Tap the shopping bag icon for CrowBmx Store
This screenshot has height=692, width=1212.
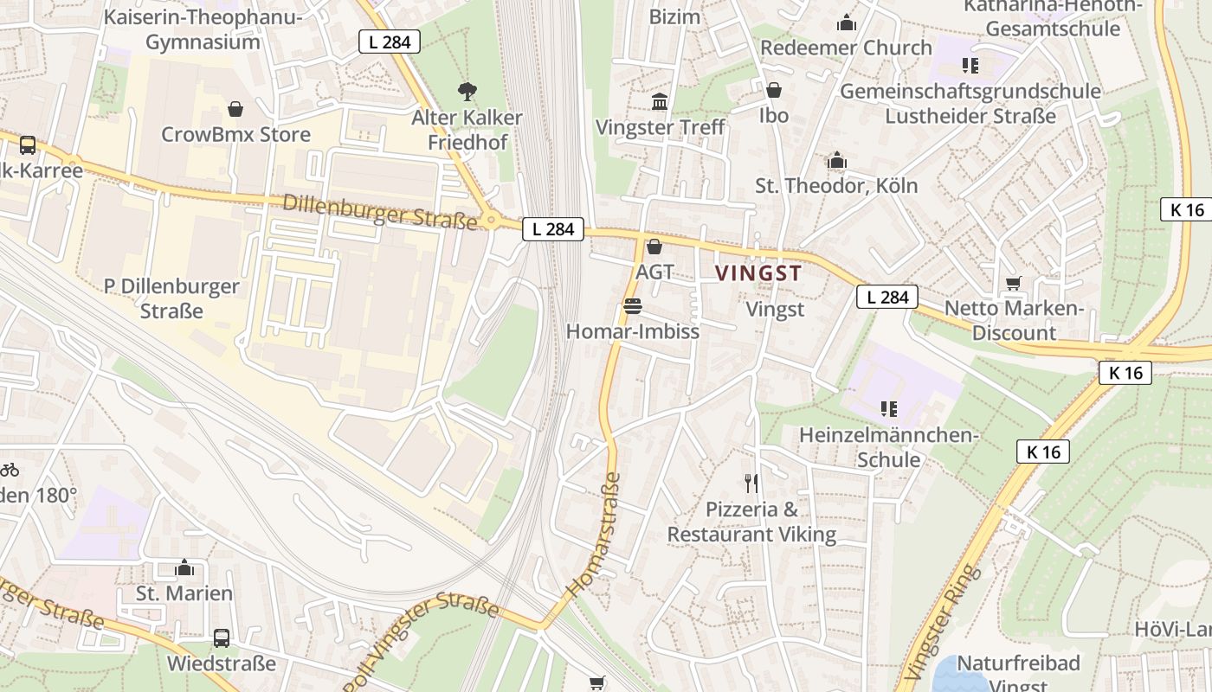click(x=235, y=109)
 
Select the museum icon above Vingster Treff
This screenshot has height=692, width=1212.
click(x=660, y=102)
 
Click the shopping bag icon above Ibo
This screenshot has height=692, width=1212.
click(x=773, y=90)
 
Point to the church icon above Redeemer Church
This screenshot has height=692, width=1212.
click(x=846, y=22)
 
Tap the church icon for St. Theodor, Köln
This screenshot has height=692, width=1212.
click(x=836, y=161)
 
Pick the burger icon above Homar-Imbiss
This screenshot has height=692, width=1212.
click(x=632, y=306)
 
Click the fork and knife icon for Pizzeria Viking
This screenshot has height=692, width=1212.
click(x=751, y=484)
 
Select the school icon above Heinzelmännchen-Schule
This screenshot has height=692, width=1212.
click(x=888, y=408)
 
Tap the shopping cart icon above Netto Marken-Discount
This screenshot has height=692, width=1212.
click(x=1013, y=284)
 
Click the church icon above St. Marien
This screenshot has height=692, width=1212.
click(x=184, y=568)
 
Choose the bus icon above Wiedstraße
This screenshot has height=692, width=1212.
click(x=222, y=638)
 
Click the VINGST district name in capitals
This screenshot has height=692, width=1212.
click(x=758, y=273)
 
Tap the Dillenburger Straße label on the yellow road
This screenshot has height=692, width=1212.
click(x=380, y=212)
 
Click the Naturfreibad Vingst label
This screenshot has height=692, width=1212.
click(x=1007, y=664)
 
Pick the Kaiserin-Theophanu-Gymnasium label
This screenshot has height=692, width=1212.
click(x=203, y=29)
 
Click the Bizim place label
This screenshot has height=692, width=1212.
click(x=674, y=16)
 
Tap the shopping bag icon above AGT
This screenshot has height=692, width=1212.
click(x=654, y=247)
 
